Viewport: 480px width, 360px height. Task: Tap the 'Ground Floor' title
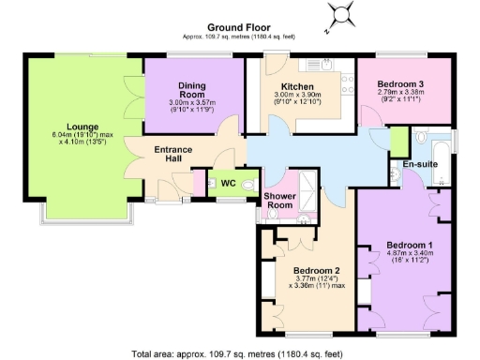[x=233, y=29]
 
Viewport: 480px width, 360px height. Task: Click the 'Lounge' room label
[x=83, y=124]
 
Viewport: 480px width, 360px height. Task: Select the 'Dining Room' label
[x=192, y=88]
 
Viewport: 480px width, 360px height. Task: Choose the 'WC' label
[x=227, y=183]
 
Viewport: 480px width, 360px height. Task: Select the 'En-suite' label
[x=421, y=165]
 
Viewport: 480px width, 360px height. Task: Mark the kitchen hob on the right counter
[x=348, y=89]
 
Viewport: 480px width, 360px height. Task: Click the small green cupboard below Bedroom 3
[x=398, y=142]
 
